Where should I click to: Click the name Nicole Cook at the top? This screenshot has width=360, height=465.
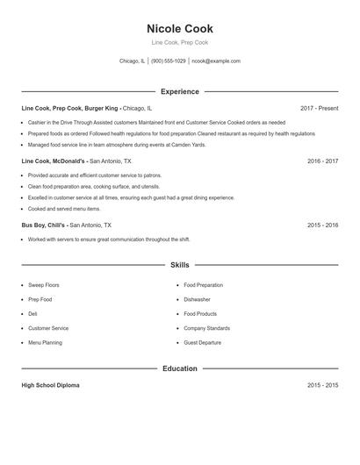(179, 29)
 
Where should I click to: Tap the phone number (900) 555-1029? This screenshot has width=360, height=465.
(169, 61)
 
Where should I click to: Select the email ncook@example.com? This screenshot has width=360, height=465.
(216, 61)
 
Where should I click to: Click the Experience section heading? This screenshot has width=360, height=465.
(179, 91)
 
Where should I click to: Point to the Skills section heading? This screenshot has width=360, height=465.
(179, 264)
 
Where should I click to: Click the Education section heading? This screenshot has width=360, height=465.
(179, 368)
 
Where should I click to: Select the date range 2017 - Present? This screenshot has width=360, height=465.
(319, 108)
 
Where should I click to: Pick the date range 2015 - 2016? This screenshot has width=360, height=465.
(322, 225)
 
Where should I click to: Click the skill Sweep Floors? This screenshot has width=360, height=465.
(44, 285)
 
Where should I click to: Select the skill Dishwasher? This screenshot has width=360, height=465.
(197, 299)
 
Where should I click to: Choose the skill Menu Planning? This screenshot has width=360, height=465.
(46, 342)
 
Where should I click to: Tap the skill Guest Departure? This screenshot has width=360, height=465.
(203, 342)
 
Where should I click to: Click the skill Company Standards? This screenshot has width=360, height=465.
(207, 328)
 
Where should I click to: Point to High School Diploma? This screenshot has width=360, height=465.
(51, 385)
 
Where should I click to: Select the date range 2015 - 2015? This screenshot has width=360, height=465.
(322, 385)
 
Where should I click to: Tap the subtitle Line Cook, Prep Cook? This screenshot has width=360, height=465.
(179, 42)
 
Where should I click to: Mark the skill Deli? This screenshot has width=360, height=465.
(32, 314)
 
